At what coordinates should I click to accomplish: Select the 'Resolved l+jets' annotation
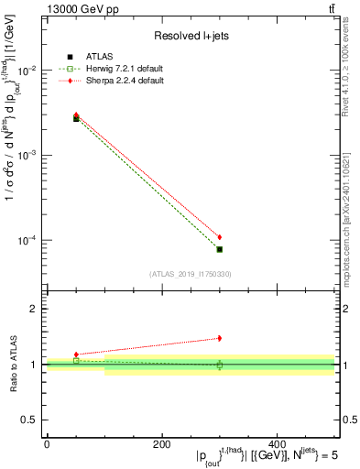191,36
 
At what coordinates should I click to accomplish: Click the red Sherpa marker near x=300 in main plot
220,237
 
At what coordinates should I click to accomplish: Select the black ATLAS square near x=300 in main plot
220,249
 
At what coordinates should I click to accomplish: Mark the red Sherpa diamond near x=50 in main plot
76,115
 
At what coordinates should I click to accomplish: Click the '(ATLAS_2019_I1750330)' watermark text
191,274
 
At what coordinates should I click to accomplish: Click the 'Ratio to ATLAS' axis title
12,365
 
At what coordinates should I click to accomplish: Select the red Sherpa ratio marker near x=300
220,338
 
